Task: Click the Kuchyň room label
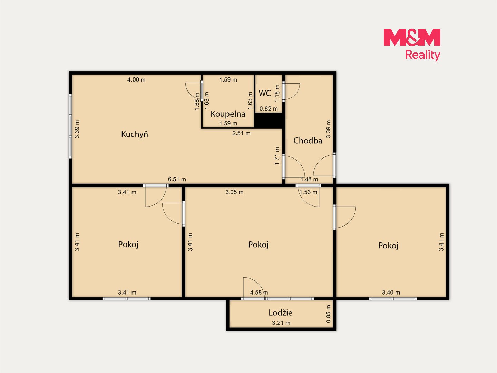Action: click(135, 134)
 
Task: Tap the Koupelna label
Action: click(228, 114)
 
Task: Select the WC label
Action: click(265, 93)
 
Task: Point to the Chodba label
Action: click(308, 141)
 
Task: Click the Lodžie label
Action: click(280, 313)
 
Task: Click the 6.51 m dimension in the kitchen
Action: click(177, 179)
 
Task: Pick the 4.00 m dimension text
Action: click(136, 80)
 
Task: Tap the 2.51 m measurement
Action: click(241, 133)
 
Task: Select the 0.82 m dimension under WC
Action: click(269, 109)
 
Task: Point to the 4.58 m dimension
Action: click(259, 293)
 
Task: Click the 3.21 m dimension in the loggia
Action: click(281, 323)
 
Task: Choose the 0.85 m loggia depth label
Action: click(328, 314)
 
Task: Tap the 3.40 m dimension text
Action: click(391, 293)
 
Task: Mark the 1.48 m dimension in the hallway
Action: click(309, 179)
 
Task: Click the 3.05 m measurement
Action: click(234, 192)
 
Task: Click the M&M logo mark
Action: click(412, 37)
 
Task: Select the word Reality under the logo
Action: click(422, 55)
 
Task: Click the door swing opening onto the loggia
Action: click(258, 284)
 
